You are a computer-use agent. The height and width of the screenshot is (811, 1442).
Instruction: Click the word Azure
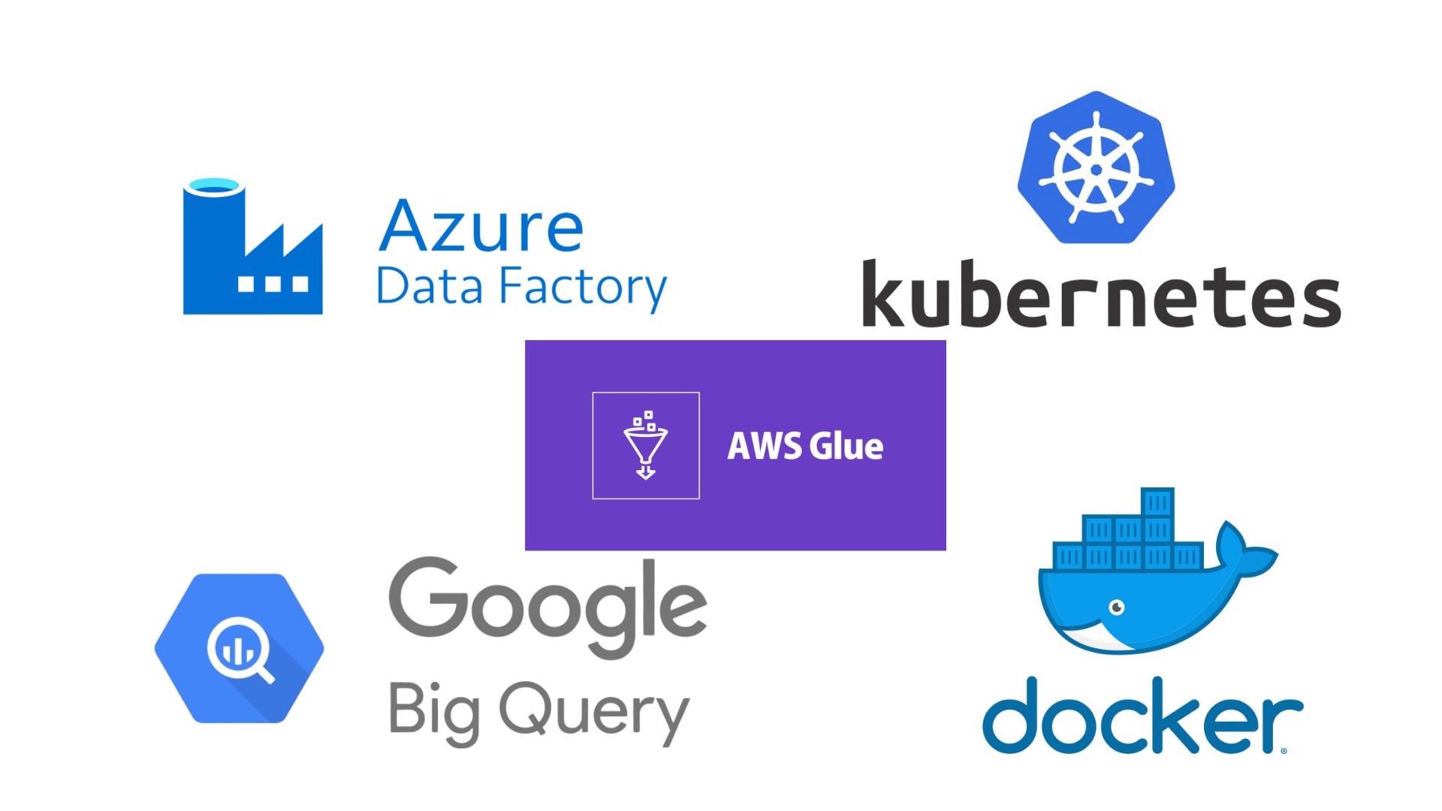(x=481, y=227)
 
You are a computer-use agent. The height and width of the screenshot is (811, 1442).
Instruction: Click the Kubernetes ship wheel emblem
(x=1096, y=168)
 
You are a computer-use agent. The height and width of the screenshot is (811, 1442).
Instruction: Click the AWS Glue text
(x=805, y=446)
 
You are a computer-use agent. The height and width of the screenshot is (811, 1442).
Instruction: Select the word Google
(x=548, y=605)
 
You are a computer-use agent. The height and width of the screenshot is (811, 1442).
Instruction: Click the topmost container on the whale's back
(x=1157, y=502)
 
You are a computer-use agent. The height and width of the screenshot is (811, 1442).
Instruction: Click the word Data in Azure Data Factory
(x=429, y=287)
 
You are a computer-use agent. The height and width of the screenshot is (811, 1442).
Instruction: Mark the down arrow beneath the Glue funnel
(x=645, y=472)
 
